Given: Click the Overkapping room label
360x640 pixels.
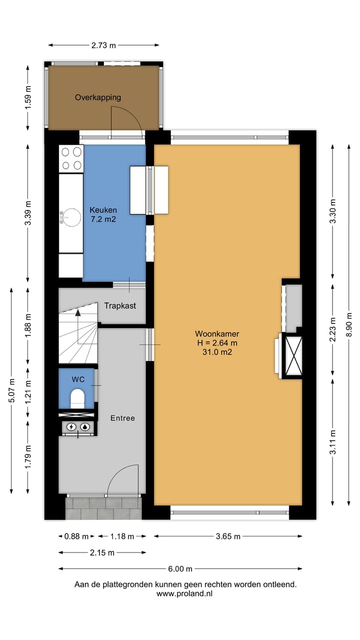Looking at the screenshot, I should pos(98,97).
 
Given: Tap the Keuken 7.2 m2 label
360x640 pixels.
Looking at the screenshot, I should pos(103,214).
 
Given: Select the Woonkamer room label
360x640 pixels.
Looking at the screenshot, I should pos(216,342).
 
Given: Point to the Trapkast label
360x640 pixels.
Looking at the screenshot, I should pos(120,305).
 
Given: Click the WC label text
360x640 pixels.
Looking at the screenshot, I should pos(78,379).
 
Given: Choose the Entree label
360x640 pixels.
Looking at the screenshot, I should pos(122,418).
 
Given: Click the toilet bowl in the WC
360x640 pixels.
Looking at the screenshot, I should pos(77,398).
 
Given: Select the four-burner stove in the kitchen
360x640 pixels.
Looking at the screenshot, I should pos(71,158).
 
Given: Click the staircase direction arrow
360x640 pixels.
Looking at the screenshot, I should pos(78,313).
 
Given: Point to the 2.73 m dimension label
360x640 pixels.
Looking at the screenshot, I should pos(103,45).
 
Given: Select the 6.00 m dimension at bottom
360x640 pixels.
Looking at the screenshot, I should pos(180,568).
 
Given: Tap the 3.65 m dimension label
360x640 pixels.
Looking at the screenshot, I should pos(228,536).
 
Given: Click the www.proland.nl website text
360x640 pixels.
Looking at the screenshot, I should pos(184,593).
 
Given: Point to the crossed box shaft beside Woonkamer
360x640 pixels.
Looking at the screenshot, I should pos(293,355).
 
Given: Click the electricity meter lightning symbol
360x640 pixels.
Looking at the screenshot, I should pos(71,427).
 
